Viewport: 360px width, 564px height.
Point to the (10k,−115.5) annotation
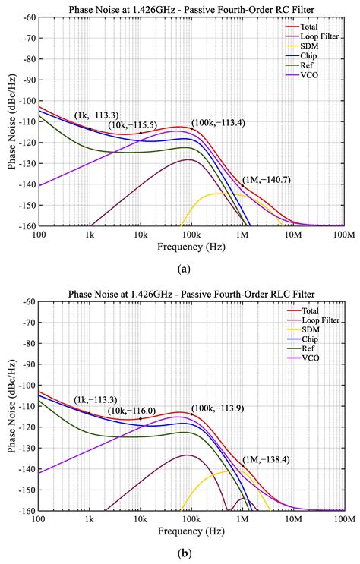pyautogui.click(x=131, y=124)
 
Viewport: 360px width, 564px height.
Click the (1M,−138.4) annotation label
pyautogui.click(x=266, y=459)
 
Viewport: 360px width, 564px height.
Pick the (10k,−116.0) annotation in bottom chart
pyautogui.click(x=131, y=410)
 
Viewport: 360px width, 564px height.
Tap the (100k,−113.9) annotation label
pyautogui.click(x=216, y=407)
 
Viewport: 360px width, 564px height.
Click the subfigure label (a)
pyautogui.click(x=183, y=268)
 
